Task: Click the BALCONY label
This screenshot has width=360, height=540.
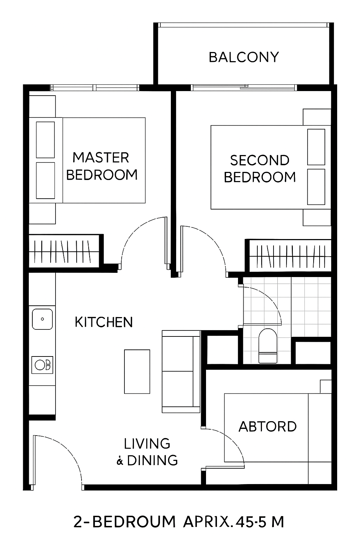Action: pyautogui.click(x=244, y=57)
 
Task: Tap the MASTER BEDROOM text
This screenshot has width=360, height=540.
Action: pyautogui.click(x=102, y=166)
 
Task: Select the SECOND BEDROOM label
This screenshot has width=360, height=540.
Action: pyautogui.click(x=260, y=169)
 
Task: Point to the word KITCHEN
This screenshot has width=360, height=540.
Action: pyautogui.click(x=104, y=322)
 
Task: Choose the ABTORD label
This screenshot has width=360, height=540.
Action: pyautogui.click(x=268, y=426)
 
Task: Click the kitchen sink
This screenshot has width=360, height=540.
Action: pyautogui.click(x=43, y=319)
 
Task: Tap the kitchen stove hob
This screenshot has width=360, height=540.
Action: pyautogui.click(x=42, y=365)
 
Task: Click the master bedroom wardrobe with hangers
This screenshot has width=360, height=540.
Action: pyautogui.click(x=64, y=251)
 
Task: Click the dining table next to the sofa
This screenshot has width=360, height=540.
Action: pyautogui.click(x=137, y=372)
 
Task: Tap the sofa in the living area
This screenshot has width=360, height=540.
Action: pyautogui.click(x=181, y=372)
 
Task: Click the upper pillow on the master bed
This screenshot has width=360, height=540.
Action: pyautogui.click(x=45, y=140)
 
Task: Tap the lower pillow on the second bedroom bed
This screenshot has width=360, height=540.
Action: pyautogui.click(x=316, y=187)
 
